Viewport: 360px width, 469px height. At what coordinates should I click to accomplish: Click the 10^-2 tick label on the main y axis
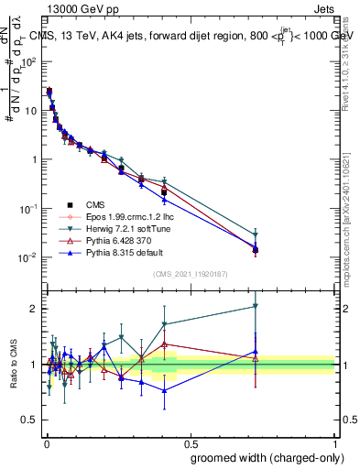(27, 257)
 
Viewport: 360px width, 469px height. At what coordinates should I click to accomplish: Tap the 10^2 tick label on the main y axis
(28, 61)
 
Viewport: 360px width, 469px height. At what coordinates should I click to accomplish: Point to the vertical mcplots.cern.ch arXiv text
(352, 202)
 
